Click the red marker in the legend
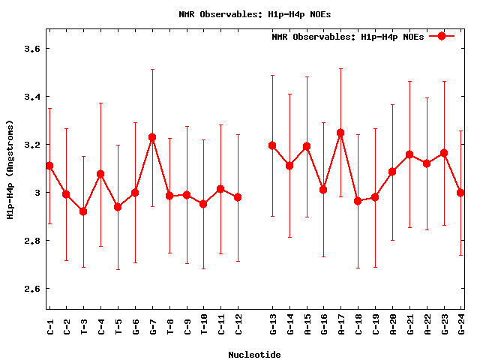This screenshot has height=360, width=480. coord(442,36)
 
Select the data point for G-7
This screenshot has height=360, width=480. coord(152,137)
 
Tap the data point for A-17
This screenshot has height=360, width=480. coord(340,133)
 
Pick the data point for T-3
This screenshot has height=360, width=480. coord(83,211)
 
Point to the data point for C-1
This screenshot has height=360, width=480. coord(49,166)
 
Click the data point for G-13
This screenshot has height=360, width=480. coord(272,145)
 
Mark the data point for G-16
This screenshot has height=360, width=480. coord(323,190)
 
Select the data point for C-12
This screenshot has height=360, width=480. coord(238,197)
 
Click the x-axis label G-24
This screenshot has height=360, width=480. coord(461,324)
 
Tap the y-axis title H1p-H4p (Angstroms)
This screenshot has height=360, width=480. coord(10,169)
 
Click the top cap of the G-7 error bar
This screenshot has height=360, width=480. coord(152,70)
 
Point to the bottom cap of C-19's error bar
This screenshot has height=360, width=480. coord(375,267)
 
